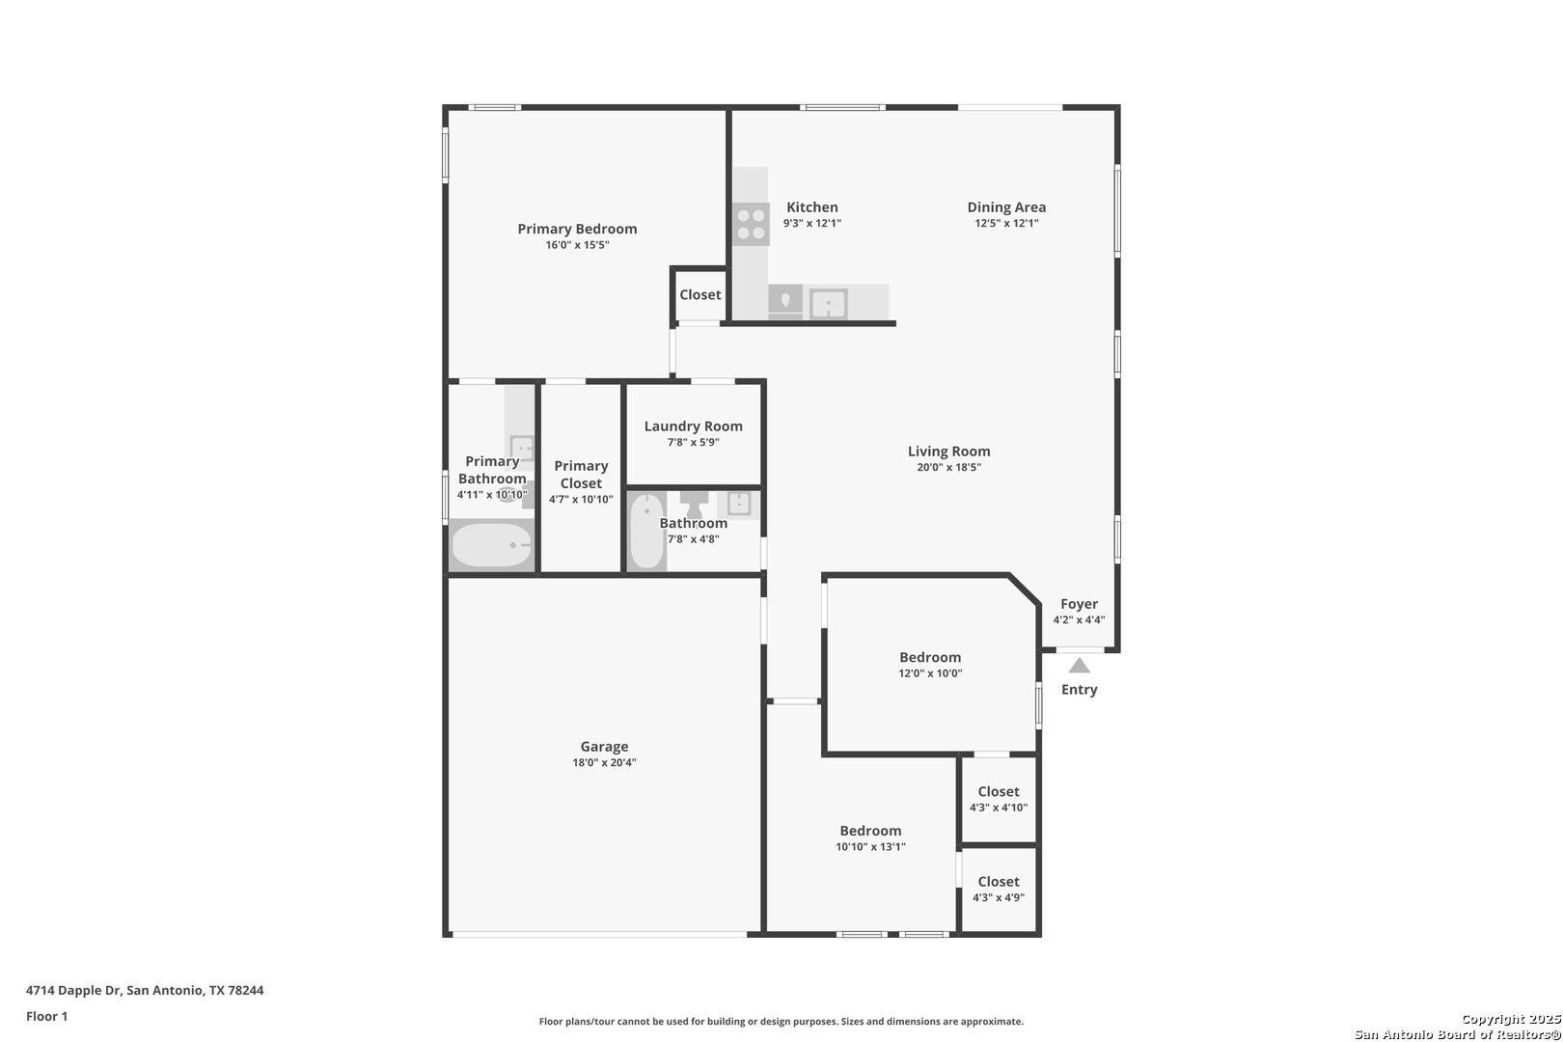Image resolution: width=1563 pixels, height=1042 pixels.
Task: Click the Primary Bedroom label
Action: (577, 229)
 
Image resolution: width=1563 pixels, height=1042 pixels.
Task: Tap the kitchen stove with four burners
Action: (751, 224)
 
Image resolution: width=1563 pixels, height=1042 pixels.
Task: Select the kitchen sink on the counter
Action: (828, 304)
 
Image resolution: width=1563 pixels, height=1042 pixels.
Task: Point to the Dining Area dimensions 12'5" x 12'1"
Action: (1006, 223)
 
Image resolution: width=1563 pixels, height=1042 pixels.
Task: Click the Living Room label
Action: (949, 452)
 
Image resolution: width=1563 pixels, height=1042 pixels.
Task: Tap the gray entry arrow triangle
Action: (1079, 665)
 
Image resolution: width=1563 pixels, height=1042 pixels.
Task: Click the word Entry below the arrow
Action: (1080, 690)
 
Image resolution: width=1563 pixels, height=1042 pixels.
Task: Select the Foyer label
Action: (1079, 604)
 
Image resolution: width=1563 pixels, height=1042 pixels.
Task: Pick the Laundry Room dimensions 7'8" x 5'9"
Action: (693, 443)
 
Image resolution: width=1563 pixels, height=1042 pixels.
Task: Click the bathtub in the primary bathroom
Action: (491, 545)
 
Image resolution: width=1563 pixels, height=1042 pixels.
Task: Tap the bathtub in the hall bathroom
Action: (647, 531)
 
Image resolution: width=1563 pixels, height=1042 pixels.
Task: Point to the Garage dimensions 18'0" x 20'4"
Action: (604, 763)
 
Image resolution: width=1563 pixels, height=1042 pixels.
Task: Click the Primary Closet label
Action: (581, 475)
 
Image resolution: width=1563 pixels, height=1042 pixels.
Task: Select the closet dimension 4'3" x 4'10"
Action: (999, 809)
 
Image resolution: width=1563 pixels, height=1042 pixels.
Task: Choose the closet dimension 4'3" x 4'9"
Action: (999, 898)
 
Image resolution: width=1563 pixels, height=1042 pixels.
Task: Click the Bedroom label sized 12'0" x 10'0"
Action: (930, 657)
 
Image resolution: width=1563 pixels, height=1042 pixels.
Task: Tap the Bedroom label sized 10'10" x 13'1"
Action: (870, 831)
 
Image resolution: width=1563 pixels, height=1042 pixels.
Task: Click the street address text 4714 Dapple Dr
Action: (74, 990)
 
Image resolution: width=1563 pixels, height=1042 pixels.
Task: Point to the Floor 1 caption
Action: (46, 1017)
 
